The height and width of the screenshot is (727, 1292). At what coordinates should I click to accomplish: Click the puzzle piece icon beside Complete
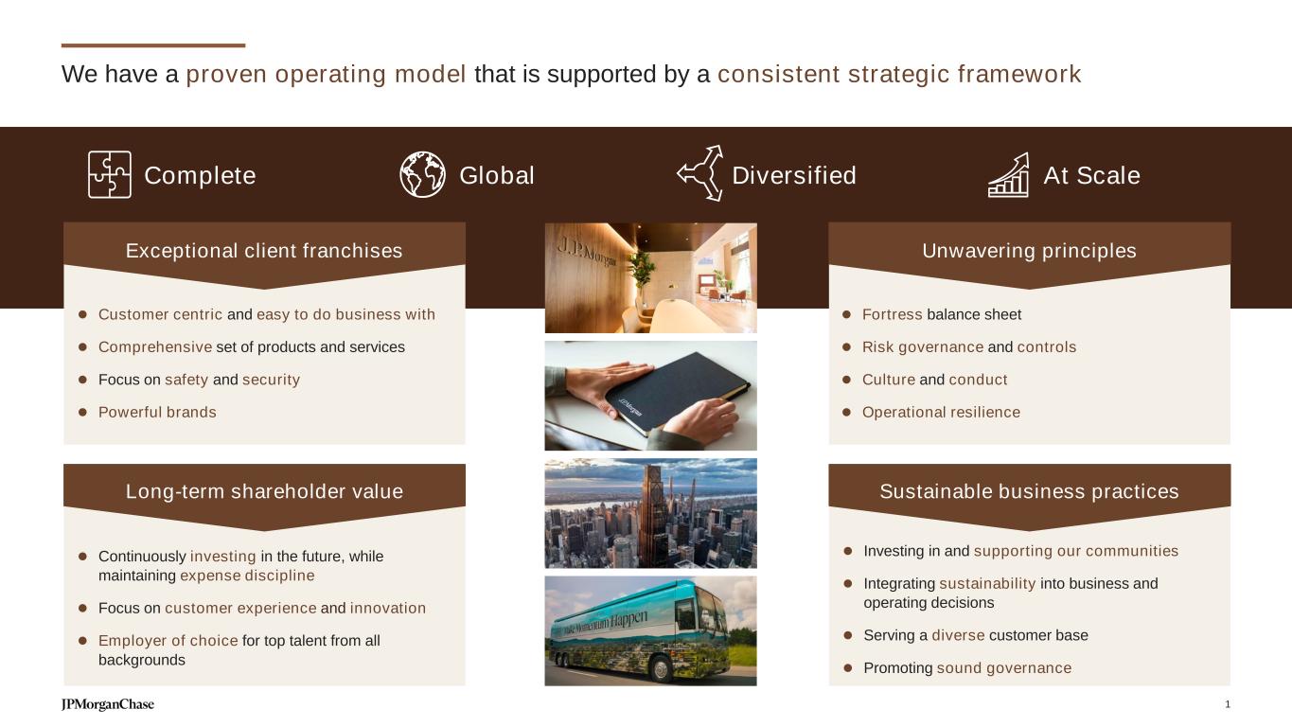pos(110,174)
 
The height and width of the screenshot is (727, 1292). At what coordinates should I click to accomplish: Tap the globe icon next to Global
pos(422,174)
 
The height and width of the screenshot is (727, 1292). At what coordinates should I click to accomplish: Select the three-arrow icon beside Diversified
pos(700,173)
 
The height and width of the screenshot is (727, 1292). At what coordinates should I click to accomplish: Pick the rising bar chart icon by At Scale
pos(1008,175)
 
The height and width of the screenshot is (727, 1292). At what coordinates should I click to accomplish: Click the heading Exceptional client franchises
pos(264,251)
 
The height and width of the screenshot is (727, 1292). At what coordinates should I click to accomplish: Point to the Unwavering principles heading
pos(1029,251)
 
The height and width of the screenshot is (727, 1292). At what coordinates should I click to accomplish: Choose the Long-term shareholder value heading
pos(264,491)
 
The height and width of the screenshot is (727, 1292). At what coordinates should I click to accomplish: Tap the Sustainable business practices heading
pos(1029,491)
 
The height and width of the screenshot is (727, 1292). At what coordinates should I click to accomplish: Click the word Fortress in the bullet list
pos(892,314)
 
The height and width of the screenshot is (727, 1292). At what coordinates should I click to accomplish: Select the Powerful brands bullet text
pos(157,412)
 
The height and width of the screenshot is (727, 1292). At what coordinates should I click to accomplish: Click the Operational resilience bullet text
pos(941,412)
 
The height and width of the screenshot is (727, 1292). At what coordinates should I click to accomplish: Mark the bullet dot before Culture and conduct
pos(846,380)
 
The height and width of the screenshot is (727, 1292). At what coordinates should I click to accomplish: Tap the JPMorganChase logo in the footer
pos(108,704)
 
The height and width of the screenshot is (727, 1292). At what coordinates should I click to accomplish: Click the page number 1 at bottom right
pos(1228,704)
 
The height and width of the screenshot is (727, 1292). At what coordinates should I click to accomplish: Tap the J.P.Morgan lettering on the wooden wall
pos(586,253)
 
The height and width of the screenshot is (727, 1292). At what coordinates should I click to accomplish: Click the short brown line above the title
pos(153,45)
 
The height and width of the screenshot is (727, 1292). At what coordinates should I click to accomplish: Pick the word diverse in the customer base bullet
pos(958,635)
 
